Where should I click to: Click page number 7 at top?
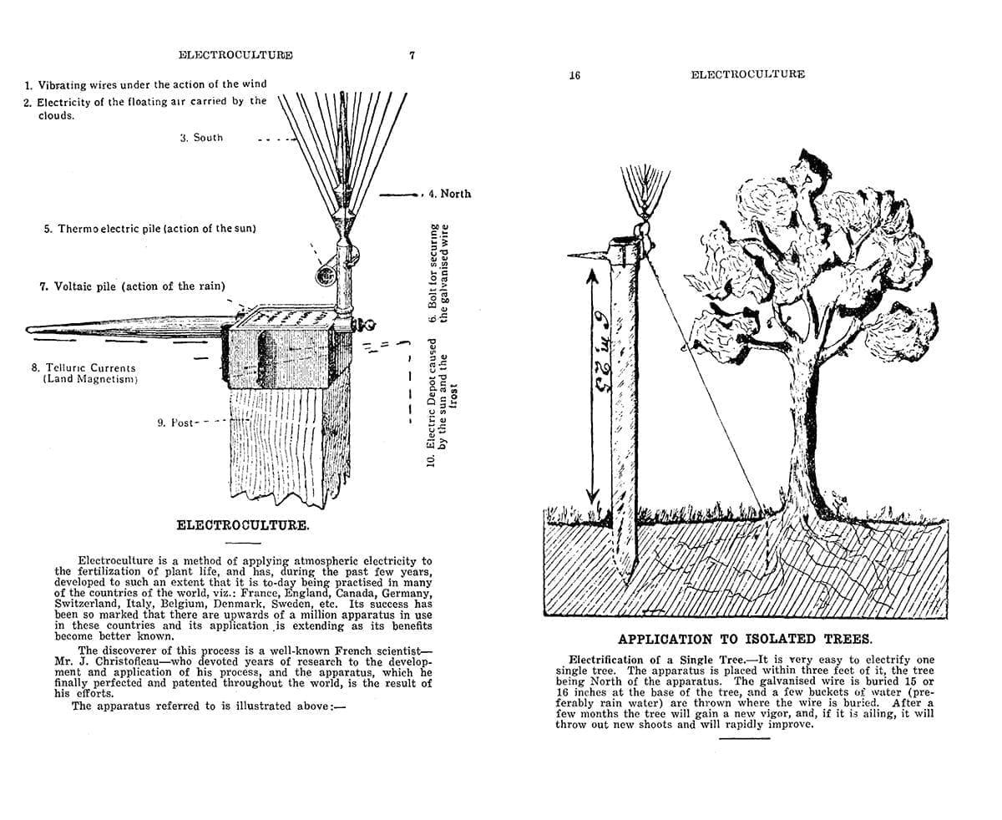(x=412, y=55)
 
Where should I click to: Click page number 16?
(x=574, y=75)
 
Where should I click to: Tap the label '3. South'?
(x=201, y=138)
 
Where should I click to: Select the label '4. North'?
(x=449, y=194)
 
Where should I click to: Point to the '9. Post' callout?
(x=175, y=423)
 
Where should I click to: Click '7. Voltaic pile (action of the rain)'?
(x=132, y=286)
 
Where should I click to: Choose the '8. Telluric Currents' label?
(x=83, y=367)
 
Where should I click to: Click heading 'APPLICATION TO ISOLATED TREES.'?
(x=745, y=639)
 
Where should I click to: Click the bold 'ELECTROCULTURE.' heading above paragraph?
(x=243, y=526)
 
